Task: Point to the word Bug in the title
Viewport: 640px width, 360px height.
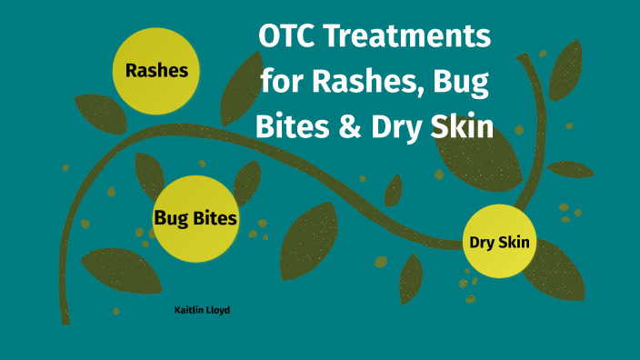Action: tap(462, 84)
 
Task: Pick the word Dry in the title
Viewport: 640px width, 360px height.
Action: tap(396, 126)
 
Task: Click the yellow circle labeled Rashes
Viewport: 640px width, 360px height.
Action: tap(156, 70)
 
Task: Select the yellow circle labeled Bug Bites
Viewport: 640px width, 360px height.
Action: tap(195, 218)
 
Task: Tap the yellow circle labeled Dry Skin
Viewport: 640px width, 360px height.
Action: tap(499, 243)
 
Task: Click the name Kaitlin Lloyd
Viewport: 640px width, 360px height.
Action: tap(202, 310)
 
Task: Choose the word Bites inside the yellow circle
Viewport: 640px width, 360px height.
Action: tap(216, 218)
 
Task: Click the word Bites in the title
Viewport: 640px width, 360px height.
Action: tap(292, 126)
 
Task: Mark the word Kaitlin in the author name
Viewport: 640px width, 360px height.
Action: tap(189, 310)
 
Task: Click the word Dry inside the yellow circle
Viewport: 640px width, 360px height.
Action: tap(482, 243)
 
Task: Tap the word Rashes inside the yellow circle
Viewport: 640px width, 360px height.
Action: tap(156, 70)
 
